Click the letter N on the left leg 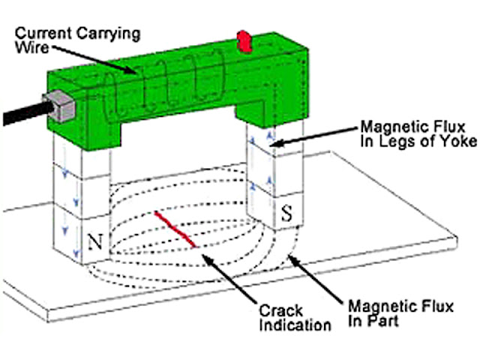[95, 241]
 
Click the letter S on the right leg [286, 212]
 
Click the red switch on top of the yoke [244, 42]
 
